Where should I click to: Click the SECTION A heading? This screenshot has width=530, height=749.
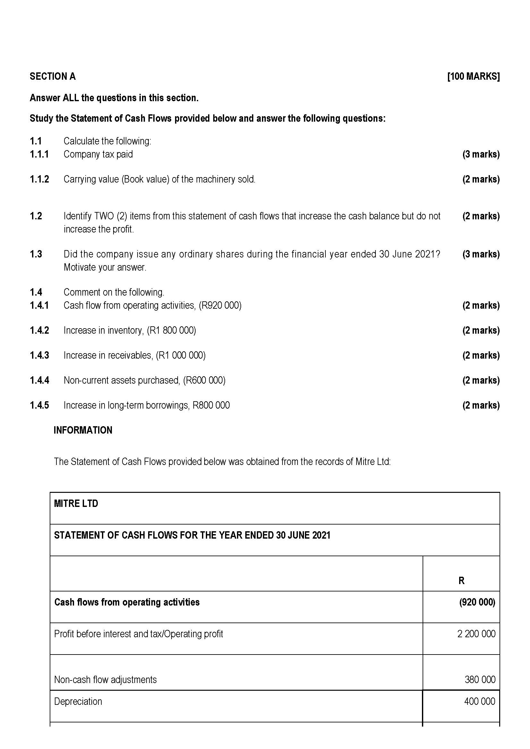53,76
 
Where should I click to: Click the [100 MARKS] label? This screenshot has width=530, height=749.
473,76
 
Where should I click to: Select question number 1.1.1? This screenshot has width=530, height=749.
39,154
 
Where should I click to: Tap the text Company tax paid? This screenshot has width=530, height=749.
98,154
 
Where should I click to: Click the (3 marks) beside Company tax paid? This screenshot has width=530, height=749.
481,154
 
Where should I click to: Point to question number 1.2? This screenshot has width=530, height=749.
36,216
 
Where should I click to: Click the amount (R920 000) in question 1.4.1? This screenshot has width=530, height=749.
220,305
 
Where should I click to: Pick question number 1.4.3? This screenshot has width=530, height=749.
39,355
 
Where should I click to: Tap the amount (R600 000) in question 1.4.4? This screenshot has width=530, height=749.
204,380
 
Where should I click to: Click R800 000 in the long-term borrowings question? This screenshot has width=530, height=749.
211,405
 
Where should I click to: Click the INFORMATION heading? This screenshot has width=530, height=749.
83,430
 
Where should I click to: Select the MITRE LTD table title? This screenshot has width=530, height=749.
76,503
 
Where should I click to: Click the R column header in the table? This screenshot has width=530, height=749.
461,580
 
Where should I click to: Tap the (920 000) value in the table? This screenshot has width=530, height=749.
477,602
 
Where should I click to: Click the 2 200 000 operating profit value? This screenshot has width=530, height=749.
476,633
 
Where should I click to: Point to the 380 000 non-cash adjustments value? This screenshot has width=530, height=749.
480,680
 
